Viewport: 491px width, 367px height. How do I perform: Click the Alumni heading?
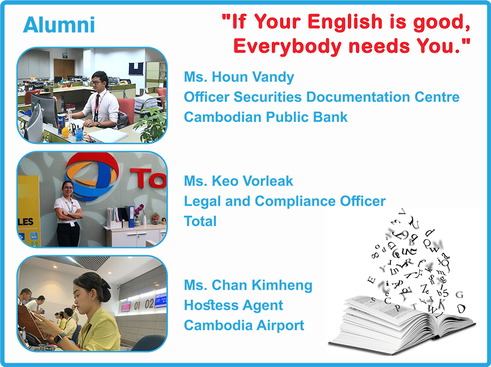tap(59, 25)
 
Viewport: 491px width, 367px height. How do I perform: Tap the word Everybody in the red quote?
tap(288, 46)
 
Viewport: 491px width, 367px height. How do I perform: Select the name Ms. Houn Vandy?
tap(239, 77)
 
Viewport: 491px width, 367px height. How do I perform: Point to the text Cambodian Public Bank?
tap(266, 117)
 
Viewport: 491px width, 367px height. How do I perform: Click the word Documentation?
tap(358, 97)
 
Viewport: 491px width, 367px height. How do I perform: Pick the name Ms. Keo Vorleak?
tap(238, 181)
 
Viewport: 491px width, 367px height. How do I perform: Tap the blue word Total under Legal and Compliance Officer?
tap(200, 221)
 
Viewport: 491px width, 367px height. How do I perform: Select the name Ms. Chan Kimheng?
tap(248, 285)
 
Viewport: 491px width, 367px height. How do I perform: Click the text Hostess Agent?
tap(234, 305)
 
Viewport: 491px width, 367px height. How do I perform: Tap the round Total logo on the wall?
tap(92, 176)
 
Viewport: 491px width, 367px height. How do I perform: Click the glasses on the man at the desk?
tap(97, 83)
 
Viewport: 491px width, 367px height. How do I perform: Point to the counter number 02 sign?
tap(150, 304)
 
